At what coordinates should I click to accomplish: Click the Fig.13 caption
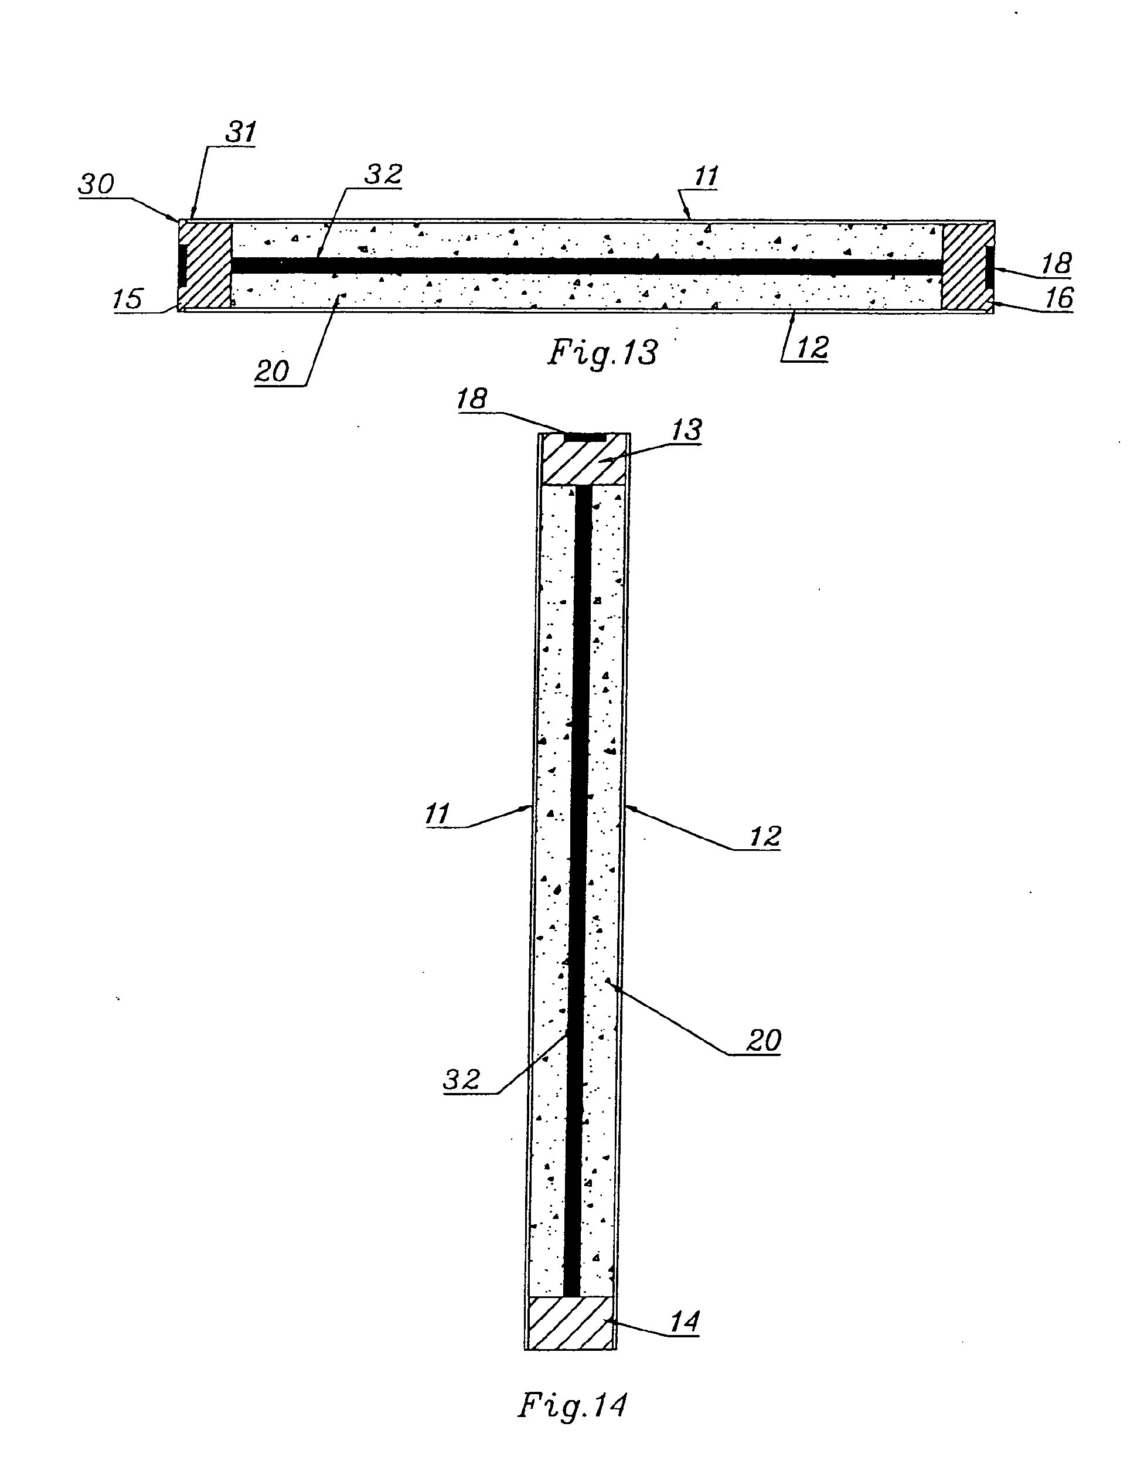coord(602,353)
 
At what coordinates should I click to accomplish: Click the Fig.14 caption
coord(573,1405)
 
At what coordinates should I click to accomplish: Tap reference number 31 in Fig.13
coord(240,132)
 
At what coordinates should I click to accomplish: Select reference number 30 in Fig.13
coord(97,185)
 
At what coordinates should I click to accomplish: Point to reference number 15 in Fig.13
coord(128,299)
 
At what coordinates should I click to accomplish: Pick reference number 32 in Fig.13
coord(383,175)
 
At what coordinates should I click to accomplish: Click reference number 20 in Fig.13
coord(271,372)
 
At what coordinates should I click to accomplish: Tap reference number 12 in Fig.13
coord(812,348)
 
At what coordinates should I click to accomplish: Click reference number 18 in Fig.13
coord(1056,264)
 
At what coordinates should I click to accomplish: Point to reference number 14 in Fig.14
coord(685,1322)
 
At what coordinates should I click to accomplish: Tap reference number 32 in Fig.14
coord(462,1080)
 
